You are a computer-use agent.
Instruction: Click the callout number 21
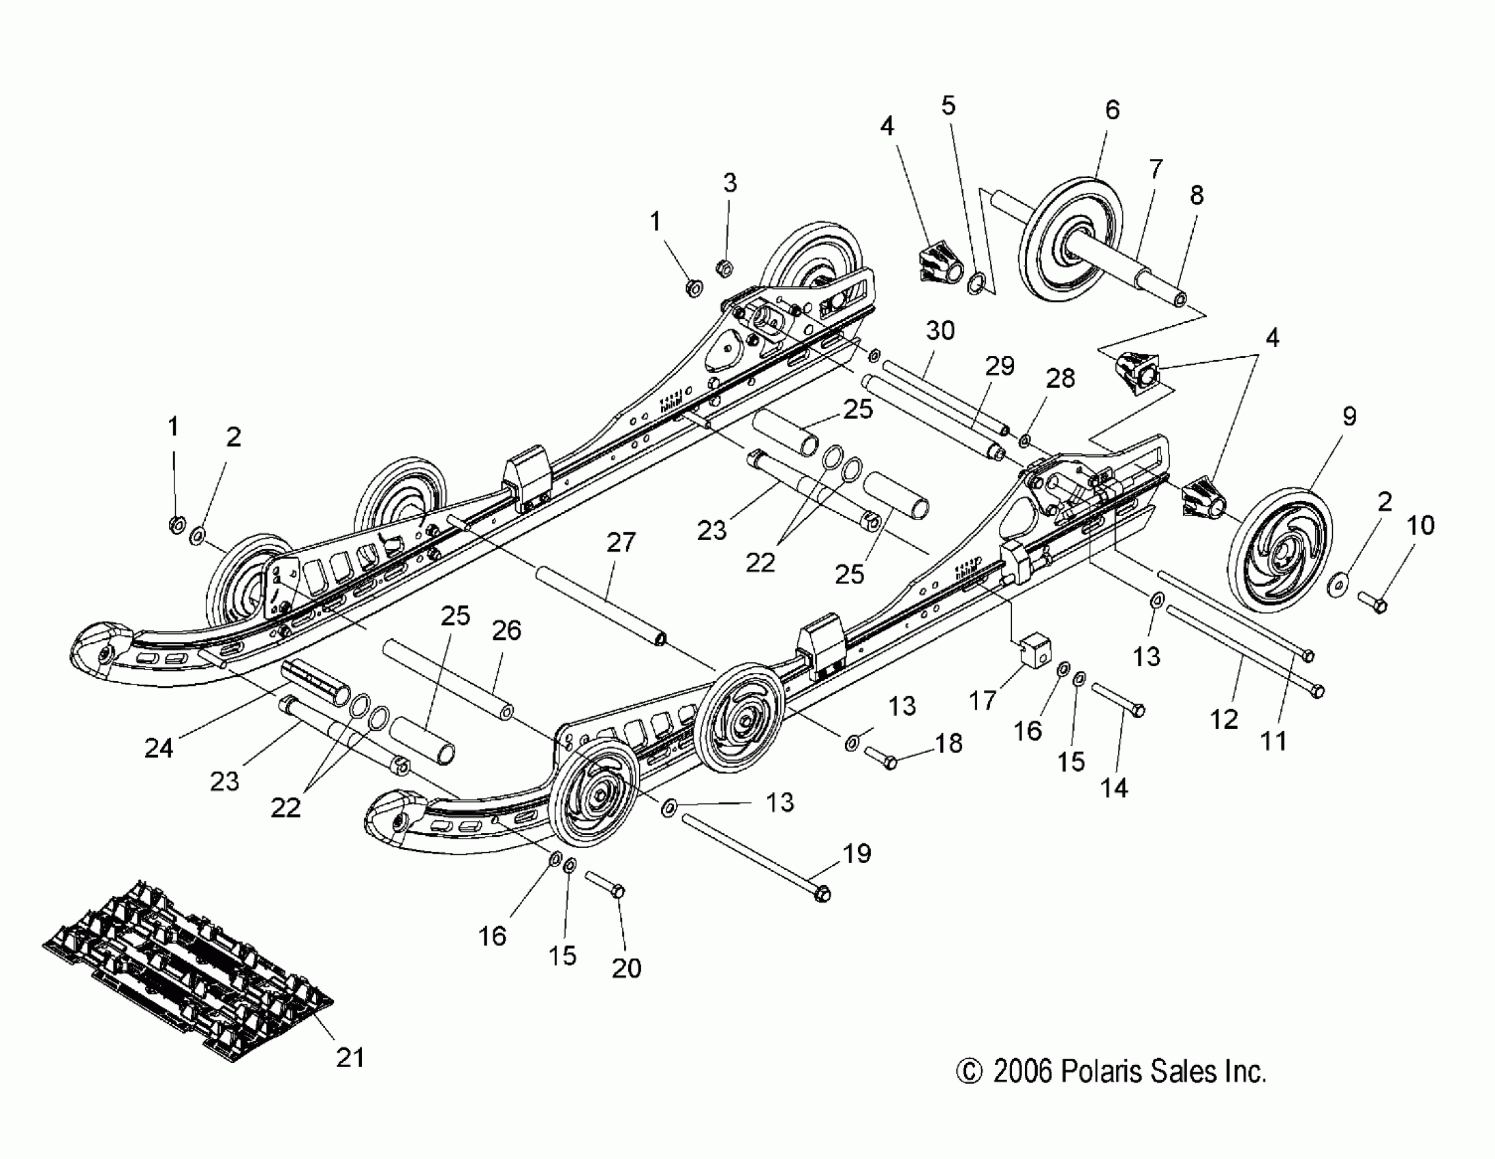point(350,1057)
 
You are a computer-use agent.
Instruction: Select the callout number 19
point(857,854)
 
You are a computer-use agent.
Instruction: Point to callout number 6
point(1112,110)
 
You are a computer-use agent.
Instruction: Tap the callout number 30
point(940,331)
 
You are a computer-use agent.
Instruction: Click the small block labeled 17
point(1034,649)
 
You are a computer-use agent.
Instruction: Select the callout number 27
point(621,543)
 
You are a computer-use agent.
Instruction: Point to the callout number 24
point(159,748)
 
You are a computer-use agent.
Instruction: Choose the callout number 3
point(730,183)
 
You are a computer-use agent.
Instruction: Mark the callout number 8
point(1197,195)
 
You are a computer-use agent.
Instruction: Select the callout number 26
point(506,630)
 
